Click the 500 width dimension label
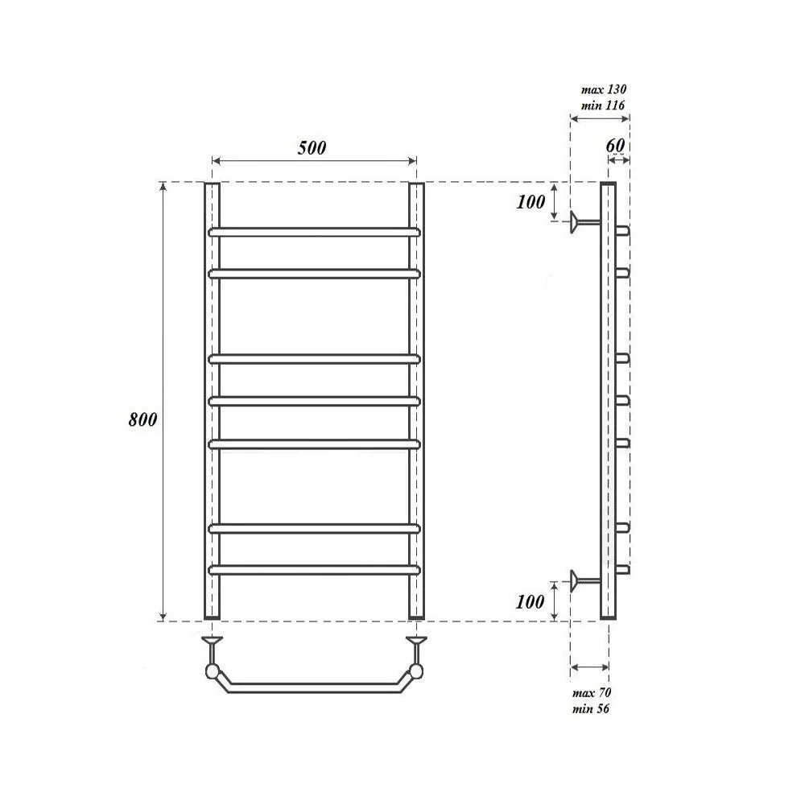[x=312, y=148]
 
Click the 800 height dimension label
[x=142, y=419]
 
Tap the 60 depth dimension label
[x=615, y=145]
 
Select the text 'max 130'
[x=604, y=89]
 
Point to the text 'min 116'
[x=603, y=105]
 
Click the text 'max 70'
[x=592, y=692]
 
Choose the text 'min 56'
[x=590, y=709]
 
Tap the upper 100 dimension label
[x=530, y=202]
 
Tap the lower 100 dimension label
[x=530, y=601]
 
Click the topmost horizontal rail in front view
[x=314, y=232]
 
